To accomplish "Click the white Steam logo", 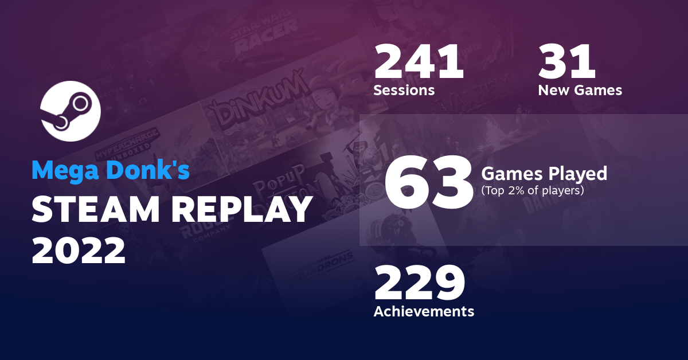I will tap(71, 112).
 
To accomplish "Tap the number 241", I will tap(419, 63).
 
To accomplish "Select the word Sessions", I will tap(404, 91).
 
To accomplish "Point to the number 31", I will tap(567, 63).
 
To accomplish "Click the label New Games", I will tap(580, 91).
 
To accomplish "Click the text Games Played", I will tap(544, 173).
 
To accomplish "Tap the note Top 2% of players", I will tap(533, 190).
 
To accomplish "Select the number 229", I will tap(419, 284).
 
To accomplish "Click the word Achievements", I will tap(424, 311).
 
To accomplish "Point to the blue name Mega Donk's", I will tap(110, 170).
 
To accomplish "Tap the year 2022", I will tap(79, 251).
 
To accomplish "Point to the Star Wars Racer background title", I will tap(263, 37).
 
